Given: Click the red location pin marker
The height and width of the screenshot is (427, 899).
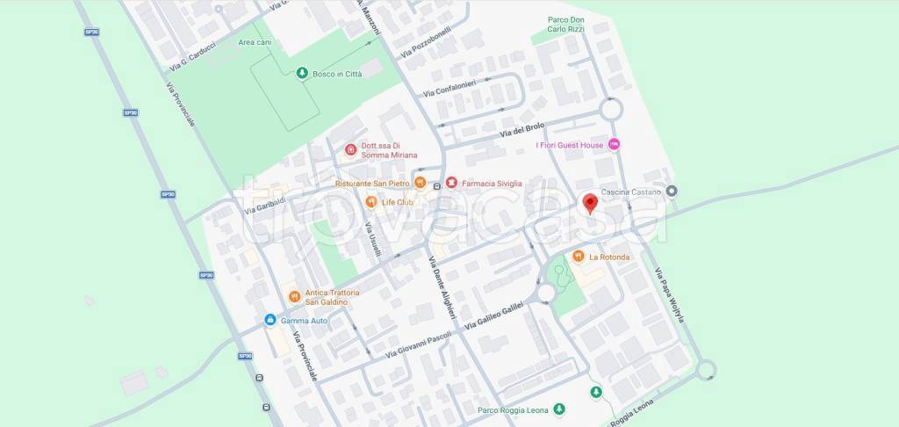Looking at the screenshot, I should click(x=591, y=203).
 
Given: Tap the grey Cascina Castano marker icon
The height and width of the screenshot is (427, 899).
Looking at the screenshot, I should click(x=672, y=191).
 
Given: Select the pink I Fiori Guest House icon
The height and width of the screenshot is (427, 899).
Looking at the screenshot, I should click(x=615, y=144).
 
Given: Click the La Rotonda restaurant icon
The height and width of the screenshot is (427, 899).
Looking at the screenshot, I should click(x=578, y=256).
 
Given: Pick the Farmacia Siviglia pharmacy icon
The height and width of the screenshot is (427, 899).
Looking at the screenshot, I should click(x=450, y=183).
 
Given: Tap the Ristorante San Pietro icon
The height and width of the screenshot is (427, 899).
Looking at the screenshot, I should click(x=421, y=183).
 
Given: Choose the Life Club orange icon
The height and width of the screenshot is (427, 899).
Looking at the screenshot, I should click(x=371, y=202).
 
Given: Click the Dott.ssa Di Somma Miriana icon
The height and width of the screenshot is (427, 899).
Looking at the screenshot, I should click(x=350, y=149).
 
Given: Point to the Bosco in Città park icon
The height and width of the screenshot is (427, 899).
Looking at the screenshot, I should click(x=301, y=74).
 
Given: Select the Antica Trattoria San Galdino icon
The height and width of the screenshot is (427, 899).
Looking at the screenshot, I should click(x=294, y=296).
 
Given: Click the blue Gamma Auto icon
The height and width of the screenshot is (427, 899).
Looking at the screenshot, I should click(x=270, y=320).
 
